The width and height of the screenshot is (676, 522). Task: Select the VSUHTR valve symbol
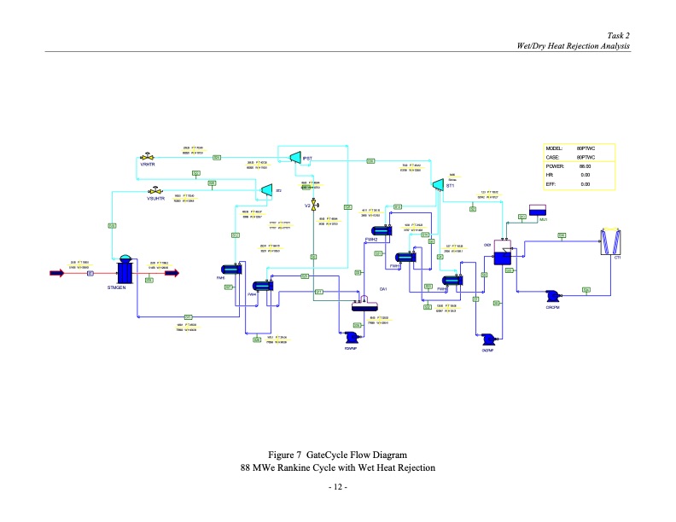pos(155,190)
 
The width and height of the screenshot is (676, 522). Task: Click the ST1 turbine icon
pos(438,184)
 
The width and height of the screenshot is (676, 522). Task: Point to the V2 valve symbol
pos(314,206)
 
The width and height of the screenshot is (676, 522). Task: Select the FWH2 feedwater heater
pos(379,230)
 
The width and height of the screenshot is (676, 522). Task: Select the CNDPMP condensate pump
pos(487,339)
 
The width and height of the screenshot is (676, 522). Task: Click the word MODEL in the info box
pos(555,148)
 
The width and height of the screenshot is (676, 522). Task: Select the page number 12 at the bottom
pos(337,487)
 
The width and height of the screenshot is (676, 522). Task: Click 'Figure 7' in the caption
pos(285,454)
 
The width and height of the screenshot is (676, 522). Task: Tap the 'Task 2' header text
pos(618,35)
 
